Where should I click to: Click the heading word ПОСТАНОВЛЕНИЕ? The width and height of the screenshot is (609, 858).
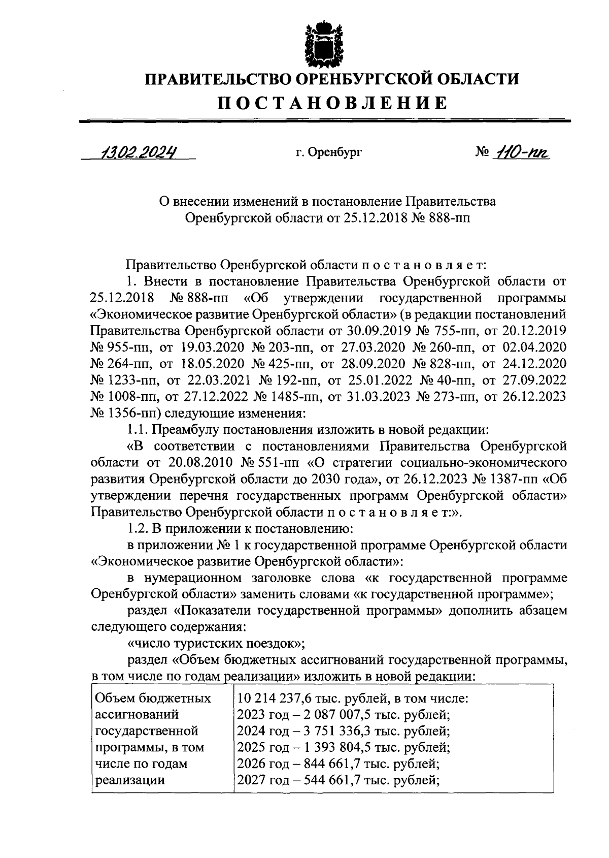click(333, 104)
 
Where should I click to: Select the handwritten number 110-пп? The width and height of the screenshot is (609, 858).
click(522, 151)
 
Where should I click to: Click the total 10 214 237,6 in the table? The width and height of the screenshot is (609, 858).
click(274, 698)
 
